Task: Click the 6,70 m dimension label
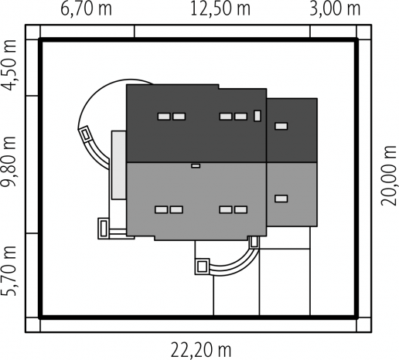(x=86, y=8)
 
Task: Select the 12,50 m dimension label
(x=220, y=8)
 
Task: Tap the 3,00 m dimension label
(x=335, y=8)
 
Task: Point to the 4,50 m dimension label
(x=9, y=66)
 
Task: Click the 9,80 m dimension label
(x=9, y=161)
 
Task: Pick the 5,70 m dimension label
(x=9, y=270)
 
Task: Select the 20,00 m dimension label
(x=389, y=176)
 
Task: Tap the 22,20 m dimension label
(x=201, y=350)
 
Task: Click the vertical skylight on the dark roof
(x=257, y=116)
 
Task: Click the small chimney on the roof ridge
(x=196, y=166)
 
